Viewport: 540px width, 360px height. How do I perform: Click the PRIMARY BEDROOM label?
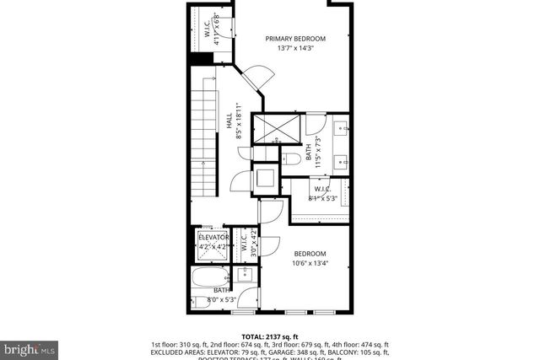[295, 38]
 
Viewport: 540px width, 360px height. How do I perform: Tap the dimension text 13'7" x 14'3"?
[295, 48]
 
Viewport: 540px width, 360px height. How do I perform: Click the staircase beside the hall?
[203, 139]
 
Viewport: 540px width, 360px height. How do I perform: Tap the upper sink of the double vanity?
[343, 129]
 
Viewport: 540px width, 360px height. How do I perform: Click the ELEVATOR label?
[213, 238]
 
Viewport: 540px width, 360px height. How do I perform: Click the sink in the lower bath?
[246, 274]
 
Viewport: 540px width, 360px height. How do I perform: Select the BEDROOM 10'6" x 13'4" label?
[310, 258]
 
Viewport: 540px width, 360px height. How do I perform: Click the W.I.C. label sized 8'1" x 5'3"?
[321, 194]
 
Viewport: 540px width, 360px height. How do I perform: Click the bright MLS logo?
[30, 347]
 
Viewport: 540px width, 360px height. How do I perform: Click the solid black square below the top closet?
[201, 58]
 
